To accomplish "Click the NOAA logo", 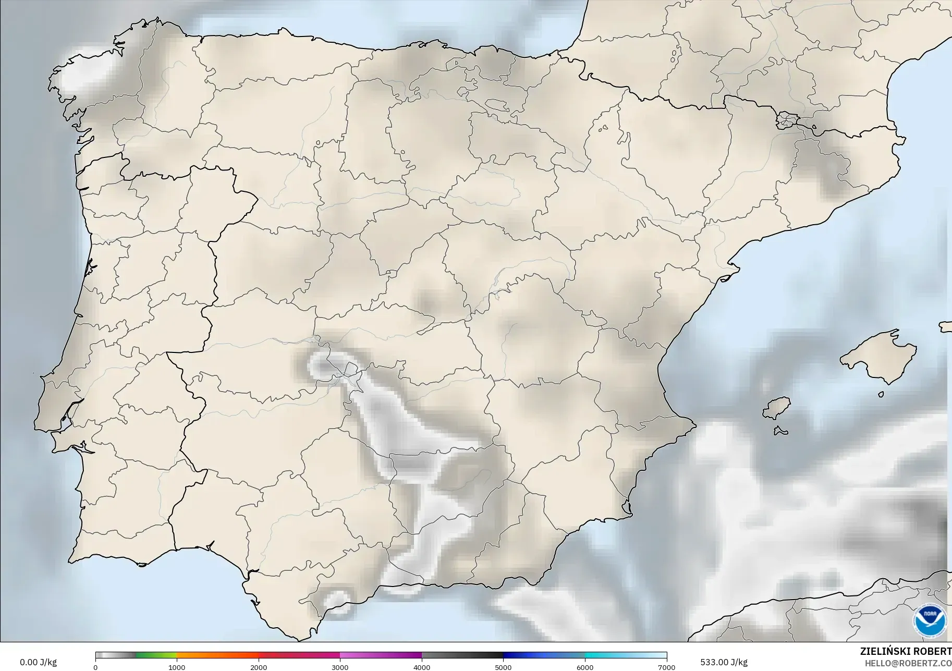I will coord(930,620).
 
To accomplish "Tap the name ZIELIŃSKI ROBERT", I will coord(906,651).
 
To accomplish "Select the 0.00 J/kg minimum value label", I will coord(39,662).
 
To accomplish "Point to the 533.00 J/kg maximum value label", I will coord(724,662).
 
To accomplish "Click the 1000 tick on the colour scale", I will coord(177,667).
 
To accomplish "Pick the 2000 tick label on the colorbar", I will coord(259,667).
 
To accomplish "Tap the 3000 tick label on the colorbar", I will coord(340,667).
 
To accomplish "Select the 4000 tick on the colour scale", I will coord(422,667).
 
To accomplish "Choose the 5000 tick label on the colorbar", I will coord(504,667).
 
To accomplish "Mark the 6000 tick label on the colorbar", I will coord(585,667).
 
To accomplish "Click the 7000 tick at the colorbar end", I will coord(667,667).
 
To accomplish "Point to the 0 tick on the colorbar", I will coord(95,667).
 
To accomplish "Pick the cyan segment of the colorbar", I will coord(605,655).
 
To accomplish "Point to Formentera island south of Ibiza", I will coord(780,431).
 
